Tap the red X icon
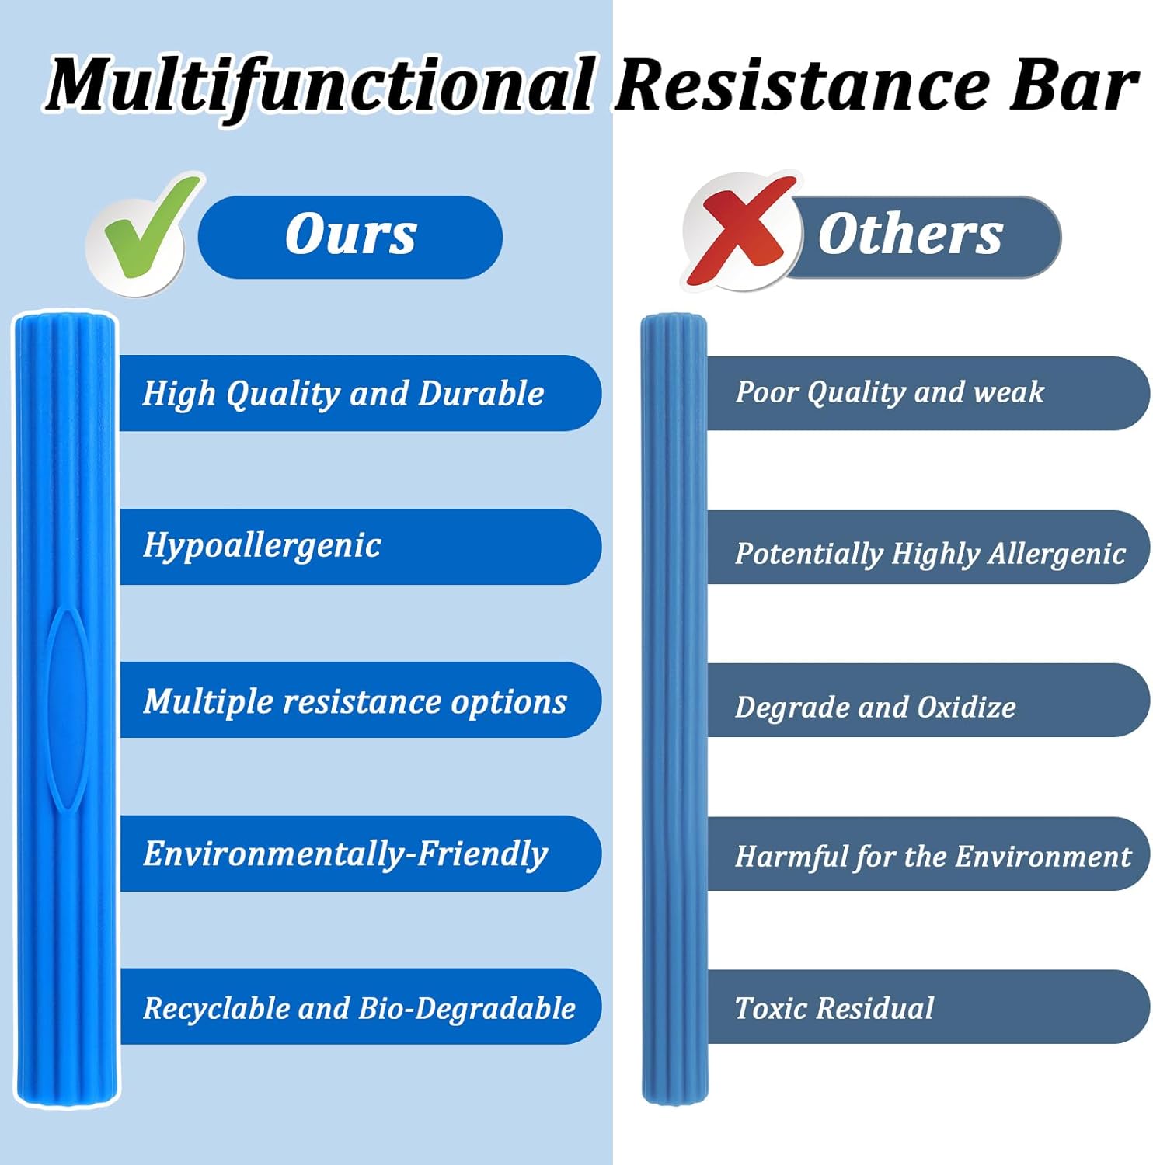pyautogui.click(x=740, y=231)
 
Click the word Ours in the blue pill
pyautogui.click(x=350, y=235)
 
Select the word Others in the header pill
pyautogui.click(x=911, y=235)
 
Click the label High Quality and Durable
pyautogui.click(x=343, y=393)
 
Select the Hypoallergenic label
pyautogui.click(x=262, y=546)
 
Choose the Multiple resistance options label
pyautogui.click(x=355, y=701)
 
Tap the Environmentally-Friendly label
pyautogui.click(x=345, y=854)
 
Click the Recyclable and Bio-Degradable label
pyautogui.click(x=359, y=1008)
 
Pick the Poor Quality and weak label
pyautogui.click(x=890, y=392)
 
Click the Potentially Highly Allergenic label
pyautogui.click(x=930, y=553)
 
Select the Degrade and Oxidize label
pyautogui.click(x=876, y=707)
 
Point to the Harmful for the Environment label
pyautogui.click(x=933, y=856)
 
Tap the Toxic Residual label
pyautogui.click(x=834, y=1008)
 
